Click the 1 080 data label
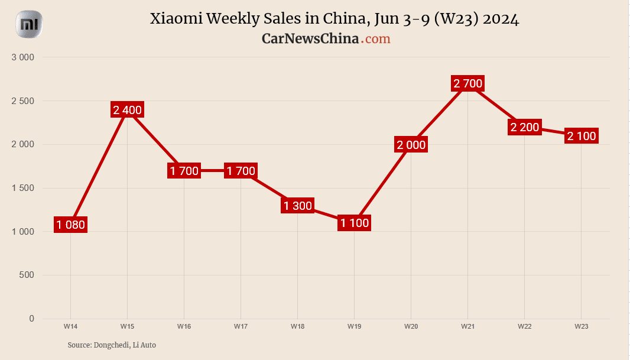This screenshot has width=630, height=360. point(71,225)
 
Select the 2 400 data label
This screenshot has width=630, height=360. point(127,109)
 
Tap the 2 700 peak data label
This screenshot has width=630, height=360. point(468,83)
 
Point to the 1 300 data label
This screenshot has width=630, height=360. point(297,206)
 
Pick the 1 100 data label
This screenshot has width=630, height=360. point(355,223)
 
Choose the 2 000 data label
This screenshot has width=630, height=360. point(411,145)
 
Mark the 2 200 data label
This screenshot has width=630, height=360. point(525,127)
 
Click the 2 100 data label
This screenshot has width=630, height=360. point(582,136)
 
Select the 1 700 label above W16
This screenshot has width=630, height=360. point(184,171)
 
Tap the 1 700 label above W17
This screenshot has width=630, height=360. point(241,171)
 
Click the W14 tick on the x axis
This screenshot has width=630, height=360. point(70,326)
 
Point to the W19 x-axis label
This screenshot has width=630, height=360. point(355,326)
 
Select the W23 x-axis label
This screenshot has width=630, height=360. point(582,326)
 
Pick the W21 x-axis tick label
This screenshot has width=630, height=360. point(468,326)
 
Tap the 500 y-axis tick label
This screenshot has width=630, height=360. point(27,275)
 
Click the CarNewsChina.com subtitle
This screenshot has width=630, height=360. point(326,39)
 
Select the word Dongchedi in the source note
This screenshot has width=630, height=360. point(111,345)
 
